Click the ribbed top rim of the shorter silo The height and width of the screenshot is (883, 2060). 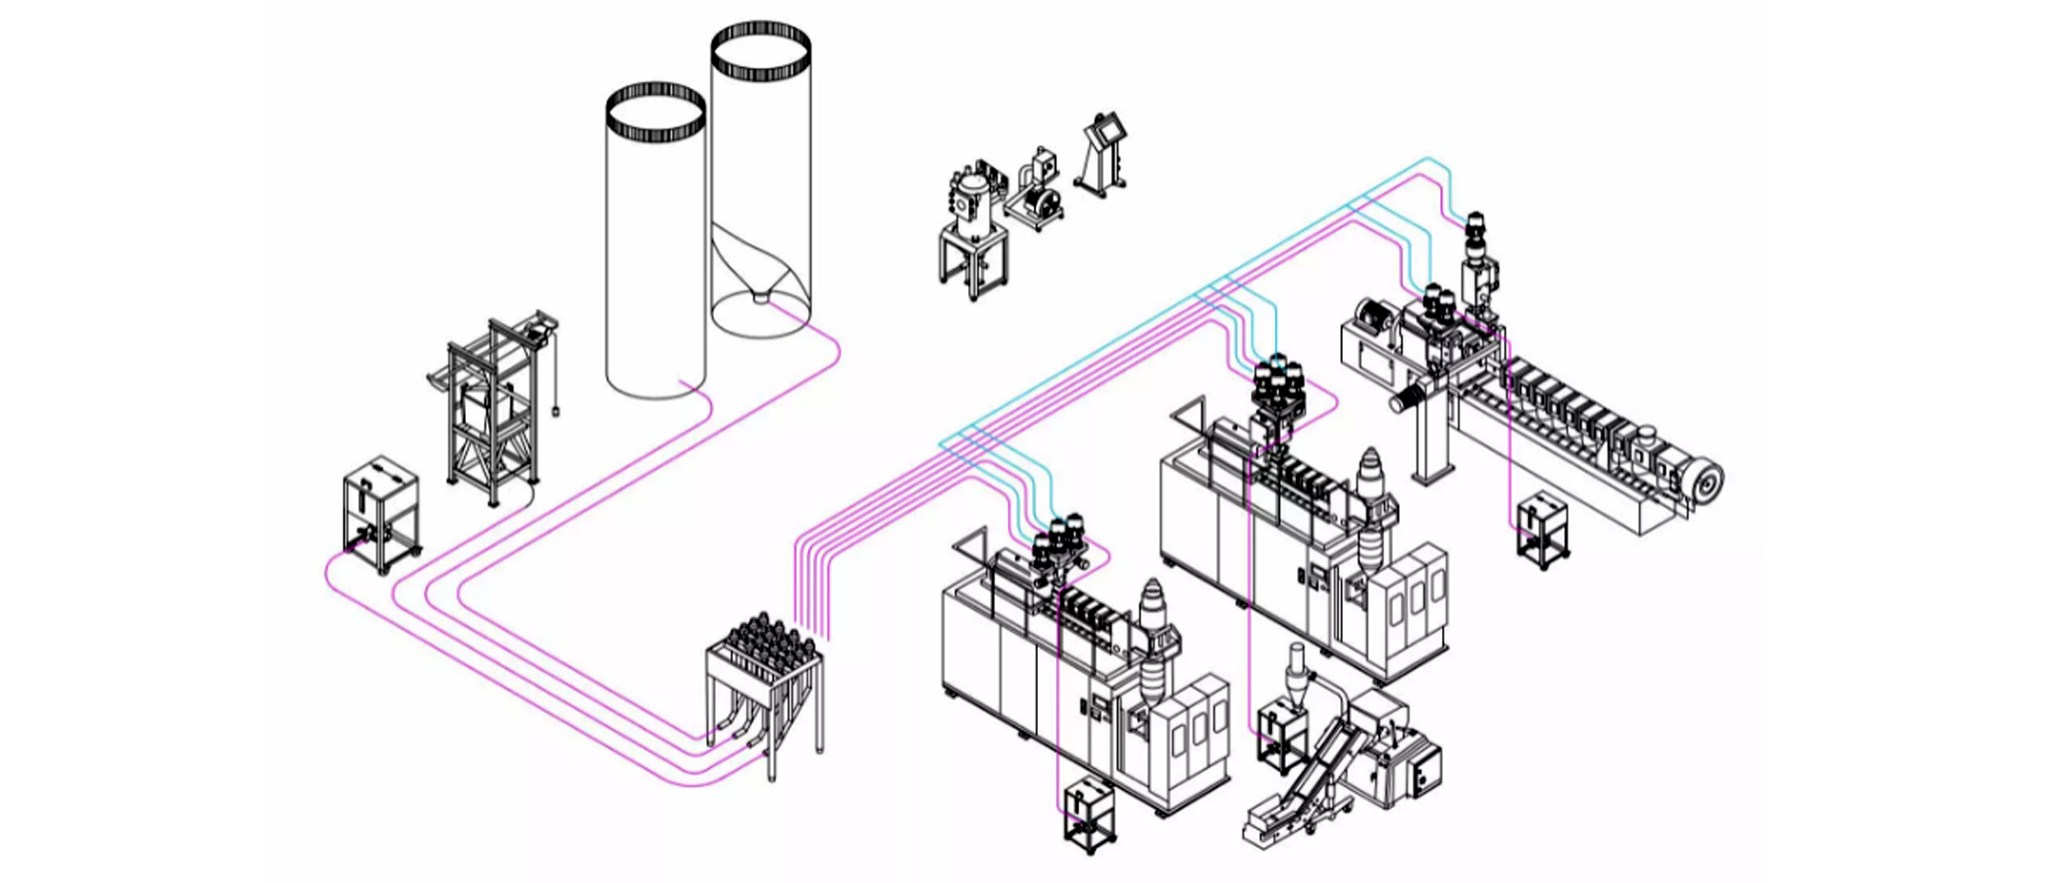pyautogui.click(x=655, y=111)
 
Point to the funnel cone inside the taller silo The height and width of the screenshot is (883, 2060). pyautogui.click(x=760, y=280)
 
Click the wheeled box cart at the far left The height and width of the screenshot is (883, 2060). pyautogui.click(x=381, y=512)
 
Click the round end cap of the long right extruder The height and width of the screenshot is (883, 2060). pyautogui.click(x=1706, y=481)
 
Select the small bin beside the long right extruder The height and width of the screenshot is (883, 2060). pyautogui.click(x=1541, y=530)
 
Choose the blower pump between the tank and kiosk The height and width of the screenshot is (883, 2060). pyautogui.click(x=1038, y=196)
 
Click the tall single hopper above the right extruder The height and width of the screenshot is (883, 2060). pyautogui.click(x=1476, y=255)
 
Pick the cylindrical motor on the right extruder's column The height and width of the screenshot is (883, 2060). pyautogui.click(x=1410, y=397)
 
